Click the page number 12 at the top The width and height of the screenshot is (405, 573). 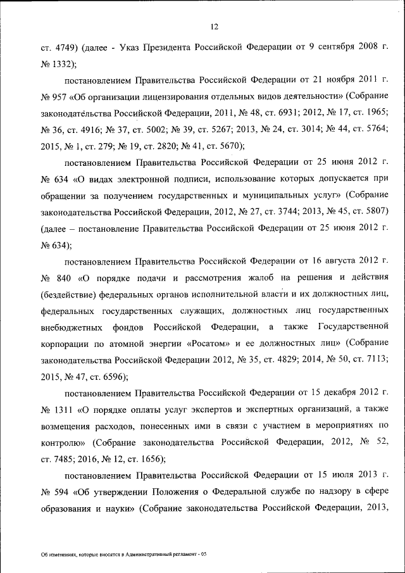click(215, 27)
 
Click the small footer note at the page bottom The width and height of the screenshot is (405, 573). click(123, 554)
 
